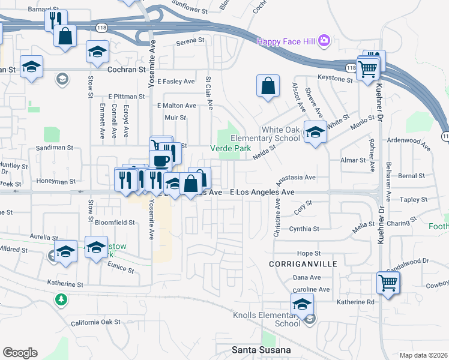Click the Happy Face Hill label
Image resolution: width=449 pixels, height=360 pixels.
click(x=286, y=41)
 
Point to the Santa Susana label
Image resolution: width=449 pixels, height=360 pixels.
click(x=262, y=350)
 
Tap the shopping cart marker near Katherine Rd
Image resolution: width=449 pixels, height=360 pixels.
click(x=388, y=281)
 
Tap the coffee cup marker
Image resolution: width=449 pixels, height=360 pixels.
click(x=161, y=160)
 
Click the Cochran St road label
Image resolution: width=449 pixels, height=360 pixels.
click(x=127, y=70)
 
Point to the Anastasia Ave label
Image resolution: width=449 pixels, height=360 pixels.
click(x=295, y=178)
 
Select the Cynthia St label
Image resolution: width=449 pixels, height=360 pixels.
click(x=304, y=229)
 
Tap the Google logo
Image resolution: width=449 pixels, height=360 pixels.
click(x=20, y=352)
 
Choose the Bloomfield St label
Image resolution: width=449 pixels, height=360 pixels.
click(x=116, y=222)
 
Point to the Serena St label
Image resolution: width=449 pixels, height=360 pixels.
click(x=190, y=43)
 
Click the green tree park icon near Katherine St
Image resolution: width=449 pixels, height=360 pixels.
click(x=61, y=299)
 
